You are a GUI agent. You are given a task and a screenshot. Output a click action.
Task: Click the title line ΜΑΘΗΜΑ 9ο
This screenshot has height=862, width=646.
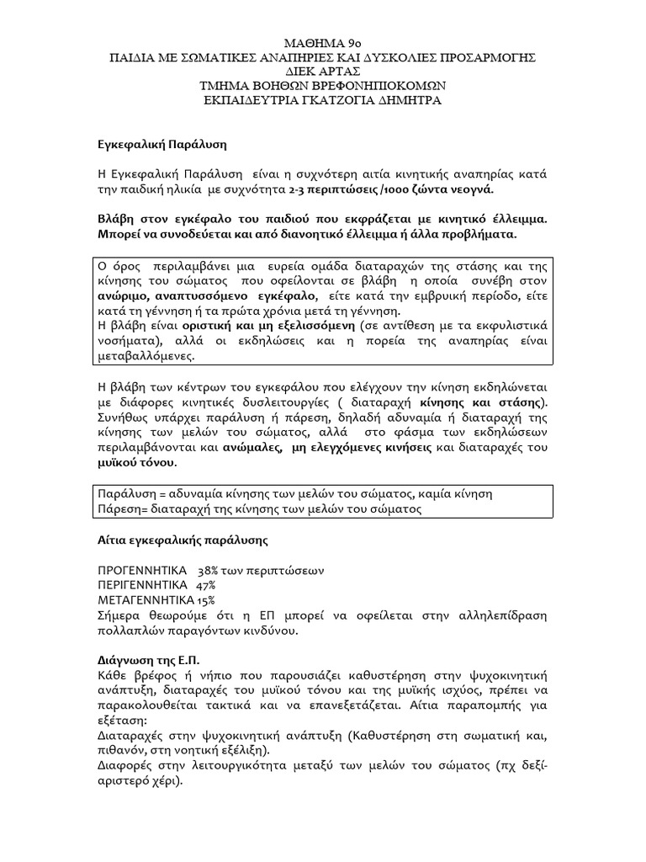[x=322, y=42]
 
